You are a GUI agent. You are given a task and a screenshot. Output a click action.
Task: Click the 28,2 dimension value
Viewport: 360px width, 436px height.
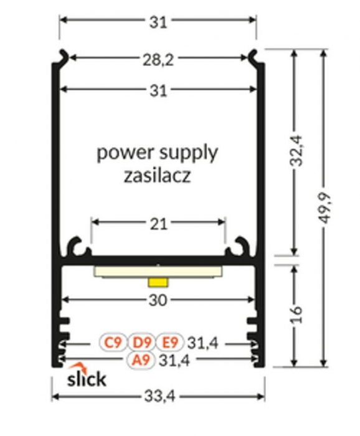click(x=158, y=59)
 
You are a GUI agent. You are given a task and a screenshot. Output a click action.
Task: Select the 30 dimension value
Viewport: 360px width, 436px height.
click(x=158, y=300)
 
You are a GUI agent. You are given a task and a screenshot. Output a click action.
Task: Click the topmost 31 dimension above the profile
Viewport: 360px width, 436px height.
click(x=158, y=22)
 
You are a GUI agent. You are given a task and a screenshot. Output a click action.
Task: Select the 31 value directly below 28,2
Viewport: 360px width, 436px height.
click(x=158, y=90)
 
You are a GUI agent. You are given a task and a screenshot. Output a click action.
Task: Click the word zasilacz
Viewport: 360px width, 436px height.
click(x=158, y=176)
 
